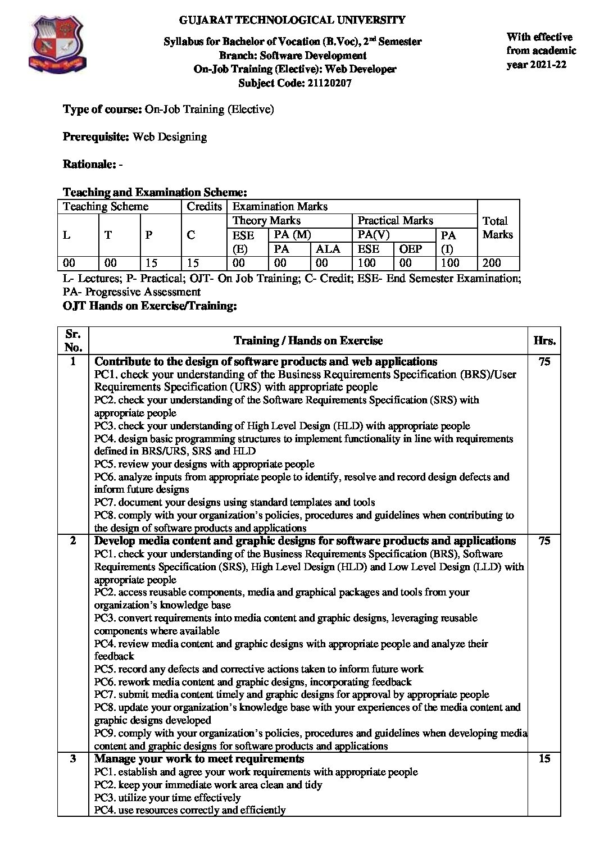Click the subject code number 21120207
coord(328,83)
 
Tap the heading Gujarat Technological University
coord(292,20)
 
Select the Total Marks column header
coord(497,228)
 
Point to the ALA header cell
coord(328,249)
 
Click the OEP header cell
coord(410,249)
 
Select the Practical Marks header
coord(395,220)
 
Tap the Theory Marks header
coord(266,220)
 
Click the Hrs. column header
coord(544,340)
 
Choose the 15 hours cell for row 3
coord(544,759)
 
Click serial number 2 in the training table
coord(72,541)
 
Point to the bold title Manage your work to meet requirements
coord(199,759)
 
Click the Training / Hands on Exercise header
coord(308,340)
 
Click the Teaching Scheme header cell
coord(106,206)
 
